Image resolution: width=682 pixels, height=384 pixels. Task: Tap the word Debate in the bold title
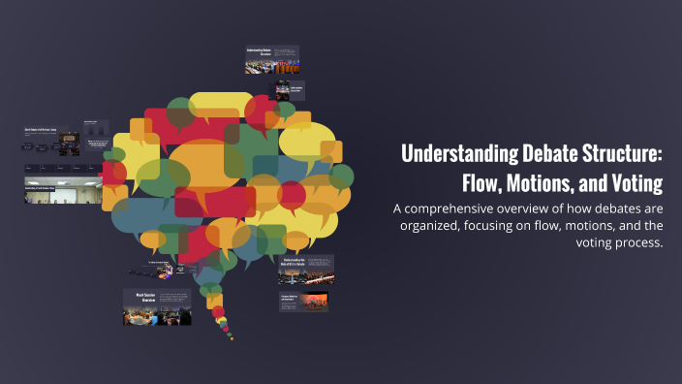[x=545, y=154]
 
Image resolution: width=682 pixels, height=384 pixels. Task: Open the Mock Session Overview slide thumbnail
[x=156, y=306]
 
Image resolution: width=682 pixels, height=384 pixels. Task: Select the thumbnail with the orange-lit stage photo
[x=303, y=302]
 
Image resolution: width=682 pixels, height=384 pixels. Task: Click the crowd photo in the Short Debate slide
[x=67, y=141]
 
